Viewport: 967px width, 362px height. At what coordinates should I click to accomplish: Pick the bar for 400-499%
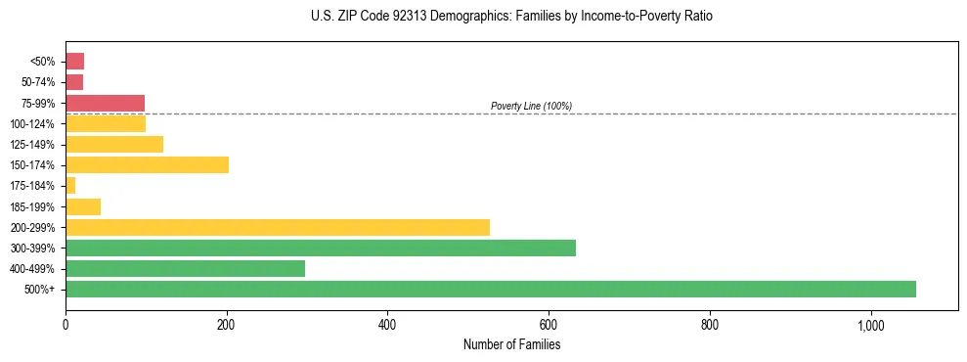tap(185, 268)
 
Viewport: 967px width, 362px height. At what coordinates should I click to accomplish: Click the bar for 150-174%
tap(147, 164)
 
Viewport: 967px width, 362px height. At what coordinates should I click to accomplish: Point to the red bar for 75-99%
tap(105, 103)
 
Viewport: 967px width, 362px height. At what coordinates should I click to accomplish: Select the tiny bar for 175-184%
tap(70, 185)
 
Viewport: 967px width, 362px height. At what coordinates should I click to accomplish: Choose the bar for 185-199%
tap(83, 206)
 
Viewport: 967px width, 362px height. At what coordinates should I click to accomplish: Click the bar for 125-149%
tap(114, 144)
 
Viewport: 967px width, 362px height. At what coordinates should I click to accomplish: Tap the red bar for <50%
tap(74, 62)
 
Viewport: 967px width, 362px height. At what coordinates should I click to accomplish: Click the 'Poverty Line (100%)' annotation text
tap(531, 106)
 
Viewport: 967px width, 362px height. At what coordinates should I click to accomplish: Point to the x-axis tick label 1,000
tap(870, 326)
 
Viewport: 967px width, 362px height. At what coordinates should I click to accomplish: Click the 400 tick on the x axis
tap(387, 326)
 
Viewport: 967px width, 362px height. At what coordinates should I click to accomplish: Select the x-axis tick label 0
tap(66, 326)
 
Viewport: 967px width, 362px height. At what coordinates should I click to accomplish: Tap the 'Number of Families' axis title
tap(511, 344)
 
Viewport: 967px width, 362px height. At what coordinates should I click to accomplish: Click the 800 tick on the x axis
tap(710, 326)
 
